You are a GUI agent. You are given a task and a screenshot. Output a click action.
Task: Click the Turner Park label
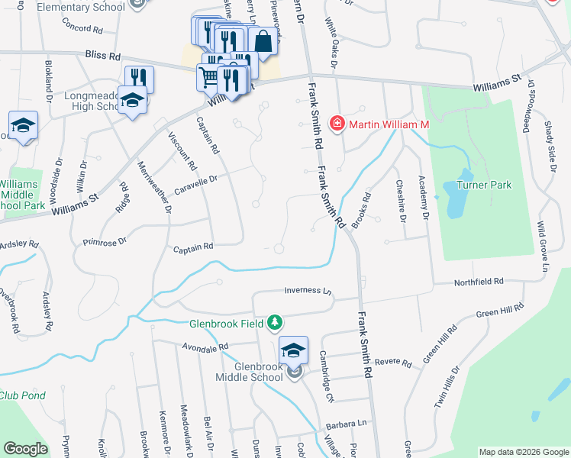(x=484, y=185)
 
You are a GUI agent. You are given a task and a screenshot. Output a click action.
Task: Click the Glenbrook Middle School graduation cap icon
(x=293, y=350)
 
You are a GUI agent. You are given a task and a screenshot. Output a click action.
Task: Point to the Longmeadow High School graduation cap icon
(x=133, y=103)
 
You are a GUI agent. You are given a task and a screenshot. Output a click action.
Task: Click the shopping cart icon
(x=210, y=76)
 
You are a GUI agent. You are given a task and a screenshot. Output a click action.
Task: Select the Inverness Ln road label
(x=309, y=291)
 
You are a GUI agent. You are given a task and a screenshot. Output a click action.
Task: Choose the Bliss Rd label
(x=104, y=56)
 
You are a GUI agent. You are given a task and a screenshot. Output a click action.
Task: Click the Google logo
(x=26, y=449)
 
